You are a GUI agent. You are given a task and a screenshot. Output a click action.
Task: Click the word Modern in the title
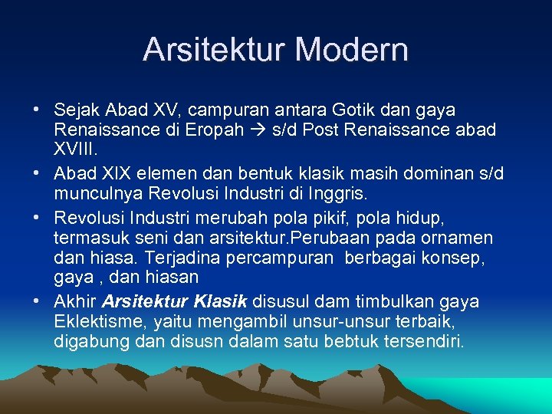point(351,50)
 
